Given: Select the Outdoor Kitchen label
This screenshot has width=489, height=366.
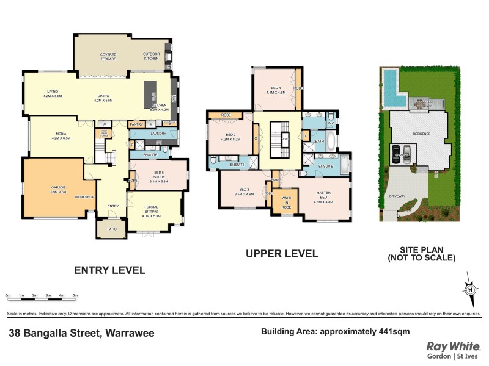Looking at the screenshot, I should [x=151, y=56].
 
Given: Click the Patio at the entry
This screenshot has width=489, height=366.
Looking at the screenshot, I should [x=111, y=229].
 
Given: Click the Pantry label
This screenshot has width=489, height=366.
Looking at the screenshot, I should [x=136, y=124].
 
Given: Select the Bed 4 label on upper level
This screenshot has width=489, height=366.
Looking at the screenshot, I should [x=276, y=91].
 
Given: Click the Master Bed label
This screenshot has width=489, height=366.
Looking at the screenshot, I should [x=323, y=196].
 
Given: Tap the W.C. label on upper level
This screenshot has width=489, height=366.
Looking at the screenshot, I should [x=331, y=123].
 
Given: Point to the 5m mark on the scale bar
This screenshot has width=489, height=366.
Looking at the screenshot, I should [x=75, y=296].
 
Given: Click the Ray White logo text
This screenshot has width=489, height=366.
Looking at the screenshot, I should [x=452, y=346].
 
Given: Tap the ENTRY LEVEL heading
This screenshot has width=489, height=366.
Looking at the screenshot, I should [x=109, y=270].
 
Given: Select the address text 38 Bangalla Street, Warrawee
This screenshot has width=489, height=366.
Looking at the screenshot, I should [x=81, y=334].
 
